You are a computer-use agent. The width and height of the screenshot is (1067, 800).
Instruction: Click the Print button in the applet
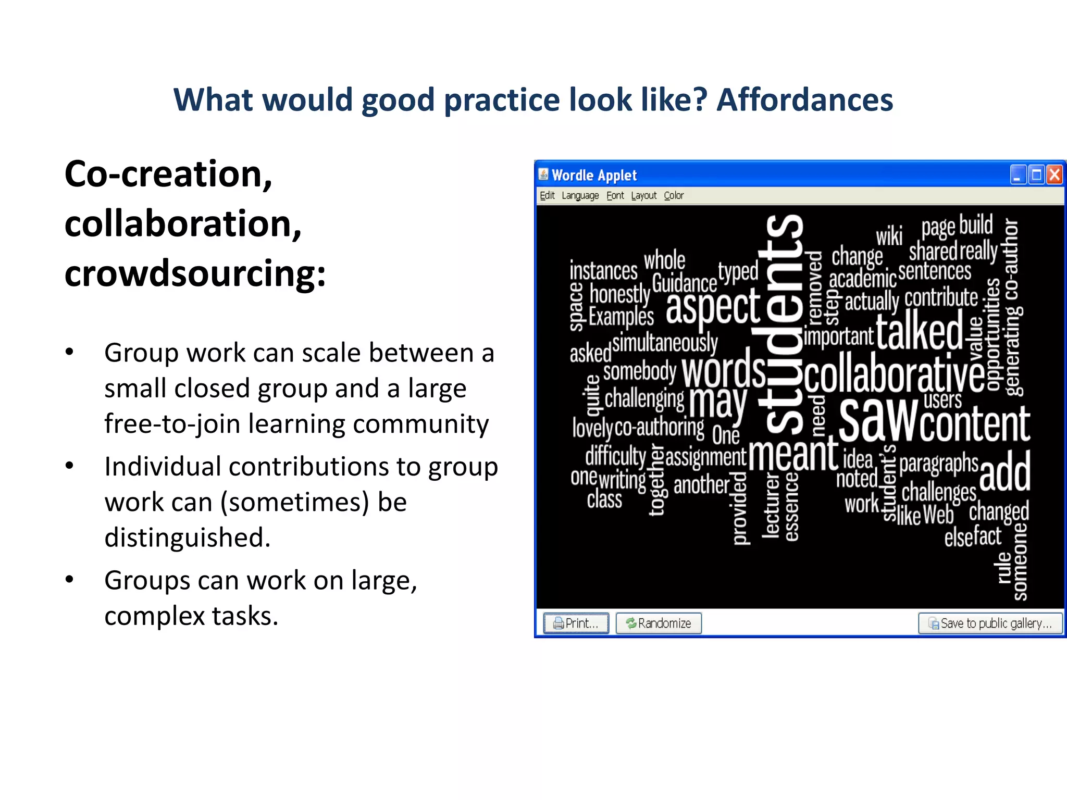point(576,623)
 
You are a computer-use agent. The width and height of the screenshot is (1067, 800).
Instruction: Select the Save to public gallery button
point(990,623)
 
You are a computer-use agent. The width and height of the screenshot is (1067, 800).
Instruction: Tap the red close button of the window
point(1054,175)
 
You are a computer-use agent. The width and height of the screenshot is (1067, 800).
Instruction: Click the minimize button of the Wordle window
point(1018,175)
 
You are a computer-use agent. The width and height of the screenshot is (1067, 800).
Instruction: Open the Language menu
point(580,196)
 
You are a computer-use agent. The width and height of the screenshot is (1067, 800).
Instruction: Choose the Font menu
point(615,196)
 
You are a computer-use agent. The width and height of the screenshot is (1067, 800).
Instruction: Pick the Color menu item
point(673,196)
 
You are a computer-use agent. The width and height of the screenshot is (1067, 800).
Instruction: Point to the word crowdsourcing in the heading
point(195,274)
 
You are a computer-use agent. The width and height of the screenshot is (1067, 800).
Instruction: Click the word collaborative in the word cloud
point(894,374)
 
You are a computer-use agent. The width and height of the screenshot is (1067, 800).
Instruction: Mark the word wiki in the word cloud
point(889,236)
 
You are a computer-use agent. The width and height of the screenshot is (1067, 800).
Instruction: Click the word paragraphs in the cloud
point(939,463)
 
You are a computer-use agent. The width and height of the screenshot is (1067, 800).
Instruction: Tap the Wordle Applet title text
point(594,176)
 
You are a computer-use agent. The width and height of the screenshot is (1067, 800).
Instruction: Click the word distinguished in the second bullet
point(188,537)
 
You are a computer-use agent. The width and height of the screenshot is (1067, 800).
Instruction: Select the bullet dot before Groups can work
point(69,579)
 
